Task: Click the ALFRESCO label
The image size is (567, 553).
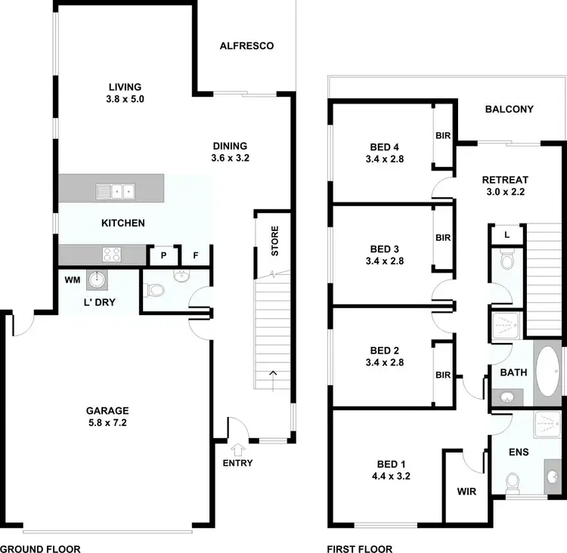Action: pos(246,46)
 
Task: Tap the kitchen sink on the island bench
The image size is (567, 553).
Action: pos(115,190)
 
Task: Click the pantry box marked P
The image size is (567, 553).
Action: pos(163,256)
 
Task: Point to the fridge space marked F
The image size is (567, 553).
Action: pos(195,256)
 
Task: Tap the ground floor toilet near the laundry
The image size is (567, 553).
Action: pos(156,290)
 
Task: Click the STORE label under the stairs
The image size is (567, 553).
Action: pos(274,241)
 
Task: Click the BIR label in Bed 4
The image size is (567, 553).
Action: pos(443,136)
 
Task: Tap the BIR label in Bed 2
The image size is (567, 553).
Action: pos(443,375)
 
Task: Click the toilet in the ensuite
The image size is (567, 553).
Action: pos(513,480)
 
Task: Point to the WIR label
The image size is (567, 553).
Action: pos(466,490)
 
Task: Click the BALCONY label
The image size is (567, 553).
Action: pos(509,109)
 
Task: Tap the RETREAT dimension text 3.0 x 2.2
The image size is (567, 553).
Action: pos(505,192)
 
